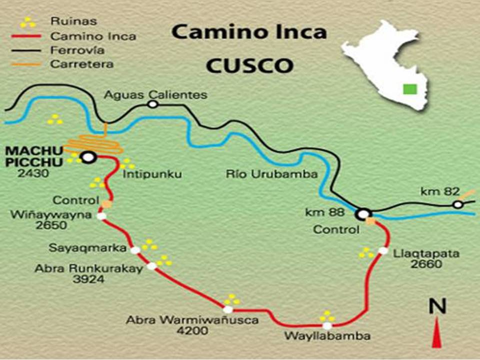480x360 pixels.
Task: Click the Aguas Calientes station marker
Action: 152,104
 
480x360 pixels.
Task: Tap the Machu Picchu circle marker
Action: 89,157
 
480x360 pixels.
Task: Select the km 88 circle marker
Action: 363,214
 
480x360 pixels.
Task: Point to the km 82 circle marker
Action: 457,204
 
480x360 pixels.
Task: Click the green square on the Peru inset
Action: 410,89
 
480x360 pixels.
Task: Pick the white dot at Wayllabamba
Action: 326,325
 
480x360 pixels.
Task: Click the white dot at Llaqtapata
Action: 383,250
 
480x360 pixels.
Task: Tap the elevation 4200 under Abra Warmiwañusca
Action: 192,330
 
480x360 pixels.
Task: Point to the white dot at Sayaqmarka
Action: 135,249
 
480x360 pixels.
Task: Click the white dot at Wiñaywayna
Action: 101,216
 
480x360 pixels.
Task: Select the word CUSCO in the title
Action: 249,65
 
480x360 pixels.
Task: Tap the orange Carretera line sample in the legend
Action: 28,64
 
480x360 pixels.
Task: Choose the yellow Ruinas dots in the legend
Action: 28,22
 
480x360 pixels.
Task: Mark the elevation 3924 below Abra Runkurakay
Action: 88,279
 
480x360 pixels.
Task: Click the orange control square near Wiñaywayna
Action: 107,203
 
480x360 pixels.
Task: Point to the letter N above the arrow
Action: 437,306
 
